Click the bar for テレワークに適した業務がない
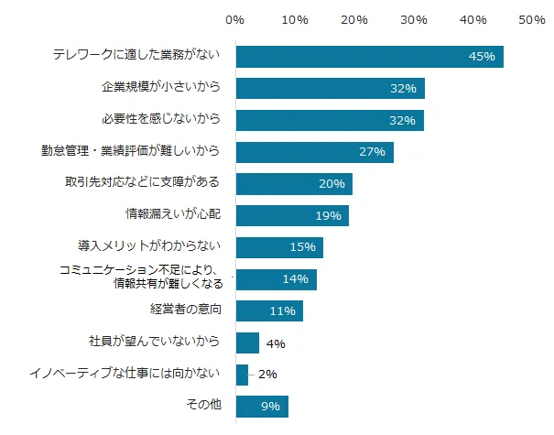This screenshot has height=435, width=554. pos(369,57)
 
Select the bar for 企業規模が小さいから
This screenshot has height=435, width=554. pos(330,89)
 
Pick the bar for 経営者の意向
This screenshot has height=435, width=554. pos(269,310)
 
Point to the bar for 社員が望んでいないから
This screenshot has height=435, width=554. pos(247,343)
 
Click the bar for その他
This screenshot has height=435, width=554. pos(262,406)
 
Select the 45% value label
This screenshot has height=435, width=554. pos(481,57)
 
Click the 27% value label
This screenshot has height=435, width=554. pos(372,152)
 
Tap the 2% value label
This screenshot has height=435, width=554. pos(267,374)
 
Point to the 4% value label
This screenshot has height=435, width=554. pos(276,343)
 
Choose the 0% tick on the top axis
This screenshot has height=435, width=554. pos(234,18)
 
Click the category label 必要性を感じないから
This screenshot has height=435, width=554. pos(160,120)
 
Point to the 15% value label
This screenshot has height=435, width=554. pos(302,247)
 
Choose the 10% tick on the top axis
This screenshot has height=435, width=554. pos(294,18)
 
